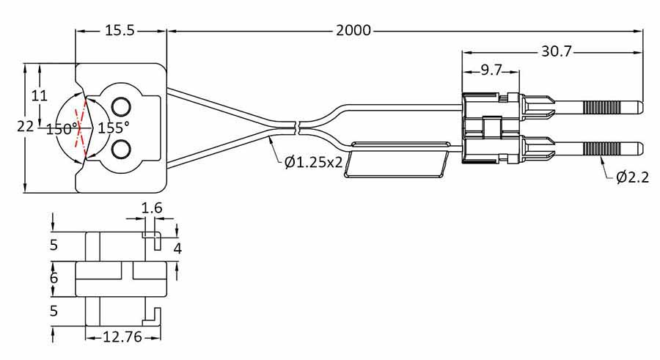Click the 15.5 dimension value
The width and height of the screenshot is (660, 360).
[121, 31]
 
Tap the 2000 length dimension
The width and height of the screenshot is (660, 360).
[353, 31]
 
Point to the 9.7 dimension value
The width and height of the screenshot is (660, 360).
[491, 70]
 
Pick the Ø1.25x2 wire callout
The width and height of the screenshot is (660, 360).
[314, 162]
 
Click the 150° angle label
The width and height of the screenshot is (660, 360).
[62, 129]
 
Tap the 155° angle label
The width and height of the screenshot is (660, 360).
[114, 127]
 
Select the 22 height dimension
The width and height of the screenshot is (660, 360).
[25, 126]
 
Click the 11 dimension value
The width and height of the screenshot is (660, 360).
[40, 95]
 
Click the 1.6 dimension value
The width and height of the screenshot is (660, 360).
[151, 208]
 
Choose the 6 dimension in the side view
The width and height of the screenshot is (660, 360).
[53, 279]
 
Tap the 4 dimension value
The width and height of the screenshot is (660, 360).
[177, 248]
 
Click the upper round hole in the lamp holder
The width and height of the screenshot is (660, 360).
[121, 103]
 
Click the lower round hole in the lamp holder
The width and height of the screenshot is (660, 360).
[121, 150]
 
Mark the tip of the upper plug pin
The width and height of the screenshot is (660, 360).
[640, 107]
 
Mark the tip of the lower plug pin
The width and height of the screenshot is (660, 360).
[640, 149]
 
